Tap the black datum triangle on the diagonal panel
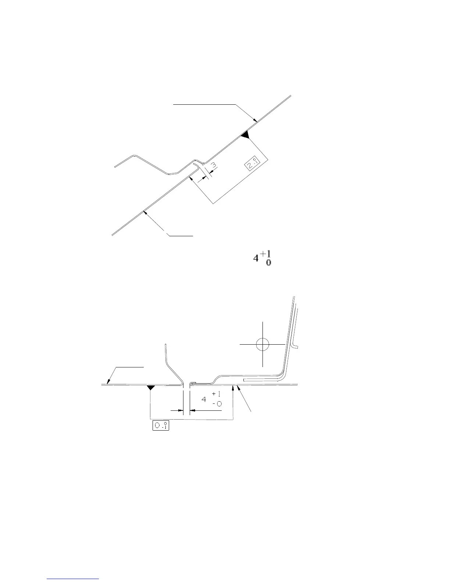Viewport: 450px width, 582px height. click(245, 135)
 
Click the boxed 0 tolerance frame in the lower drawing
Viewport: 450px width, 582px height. click(161, 426)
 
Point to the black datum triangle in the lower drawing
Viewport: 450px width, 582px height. click(150, 387)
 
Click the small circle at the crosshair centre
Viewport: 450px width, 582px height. click(262, 345)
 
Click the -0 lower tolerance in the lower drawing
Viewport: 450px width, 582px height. click(217, 404)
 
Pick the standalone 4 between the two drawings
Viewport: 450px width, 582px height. click(256, 259)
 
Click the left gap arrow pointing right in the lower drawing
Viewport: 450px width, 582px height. click(180, 410)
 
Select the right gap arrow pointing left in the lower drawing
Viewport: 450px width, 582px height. click(192, 410)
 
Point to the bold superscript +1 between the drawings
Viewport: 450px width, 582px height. click(267, 254)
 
